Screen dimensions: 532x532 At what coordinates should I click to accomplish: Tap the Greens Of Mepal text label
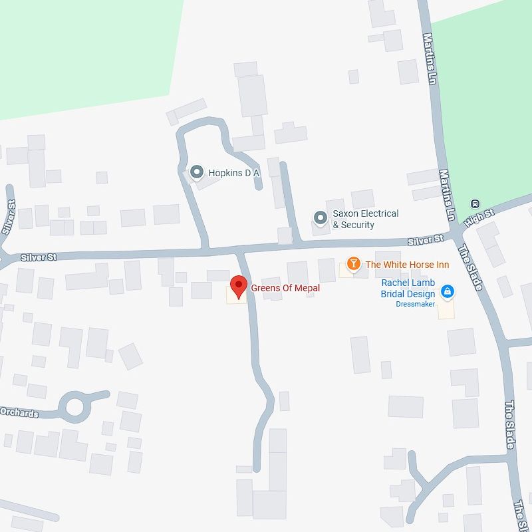point(285,288)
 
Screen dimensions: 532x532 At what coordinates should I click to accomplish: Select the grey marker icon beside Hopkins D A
point(196,173)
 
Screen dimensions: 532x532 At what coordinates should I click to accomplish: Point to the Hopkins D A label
point(234,173)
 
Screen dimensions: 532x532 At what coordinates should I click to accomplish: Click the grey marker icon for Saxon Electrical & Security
point(321,218)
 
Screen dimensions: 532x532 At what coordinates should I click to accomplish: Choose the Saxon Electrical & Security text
point(365,219)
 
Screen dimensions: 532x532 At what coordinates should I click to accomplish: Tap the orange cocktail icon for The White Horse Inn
point(354,265)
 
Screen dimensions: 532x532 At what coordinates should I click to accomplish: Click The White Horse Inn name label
point(407,265)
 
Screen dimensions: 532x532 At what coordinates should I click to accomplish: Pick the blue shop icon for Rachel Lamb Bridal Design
point(448,291)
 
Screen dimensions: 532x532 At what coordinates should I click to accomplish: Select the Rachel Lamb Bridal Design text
point(408,288)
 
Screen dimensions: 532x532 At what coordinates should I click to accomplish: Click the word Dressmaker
point(415,304)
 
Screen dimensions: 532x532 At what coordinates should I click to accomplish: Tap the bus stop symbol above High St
point(475,203)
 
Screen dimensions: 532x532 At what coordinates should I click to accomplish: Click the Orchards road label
point(19,412)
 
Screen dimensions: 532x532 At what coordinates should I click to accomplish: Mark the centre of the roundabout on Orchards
point(74,406)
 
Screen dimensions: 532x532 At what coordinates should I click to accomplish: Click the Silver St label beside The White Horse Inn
point(426,240)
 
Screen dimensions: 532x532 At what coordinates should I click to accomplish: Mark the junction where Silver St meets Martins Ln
point(454,235)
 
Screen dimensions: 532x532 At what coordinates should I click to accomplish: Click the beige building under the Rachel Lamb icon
point(446,309)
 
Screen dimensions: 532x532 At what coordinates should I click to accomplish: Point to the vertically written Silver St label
point(9,217)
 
